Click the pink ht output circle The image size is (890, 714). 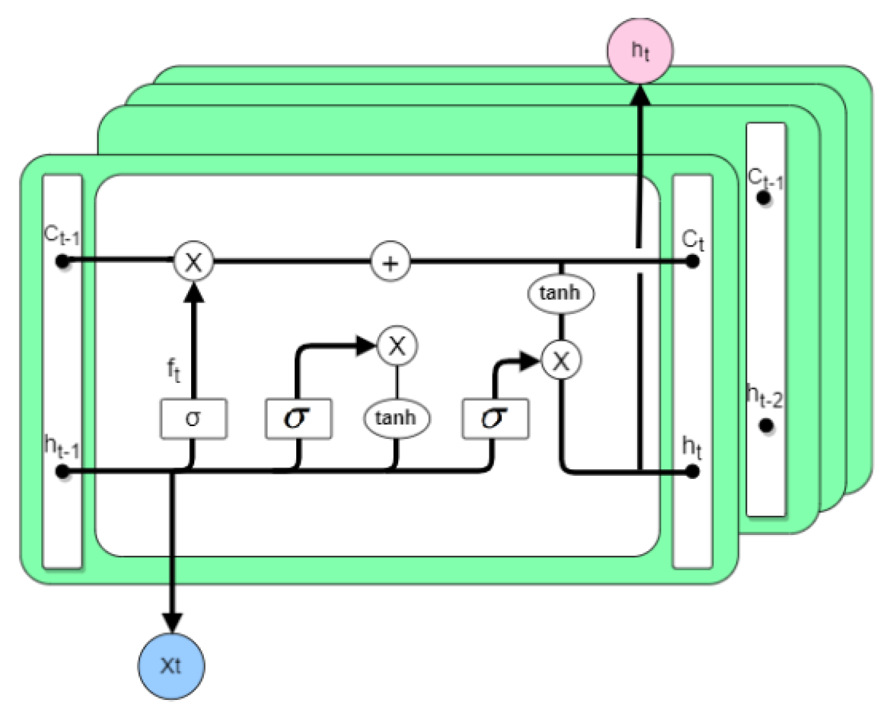click(640, 51)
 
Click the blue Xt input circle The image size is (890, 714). click(171, 665)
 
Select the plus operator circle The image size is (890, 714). click(390, 262)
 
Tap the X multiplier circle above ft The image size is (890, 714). click(193, 262)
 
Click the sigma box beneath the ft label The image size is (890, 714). click(193, 418)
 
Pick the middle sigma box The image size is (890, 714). click(298, 418)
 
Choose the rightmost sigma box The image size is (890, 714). click(495, 418)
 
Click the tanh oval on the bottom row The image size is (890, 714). click(396, 418)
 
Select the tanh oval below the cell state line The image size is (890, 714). click(561, 293)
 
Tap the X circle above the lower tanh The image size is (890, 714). click(397, 346)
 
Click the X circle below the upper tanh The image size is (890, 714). click(561, 361)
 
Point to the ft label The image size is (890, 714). click(173, 369)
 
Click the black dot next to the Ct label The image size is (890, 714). click(693, 262)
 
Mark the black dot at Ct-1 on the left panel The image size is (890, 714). click(62, 262)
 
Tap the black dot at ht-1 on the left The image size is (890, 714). click(62, 472)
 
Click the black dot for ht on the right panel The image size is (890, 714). click(693, 472)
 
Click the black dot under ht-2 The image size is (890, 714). click(766, 425)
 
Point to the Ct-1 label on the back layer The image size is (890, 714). click(765, 178)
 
